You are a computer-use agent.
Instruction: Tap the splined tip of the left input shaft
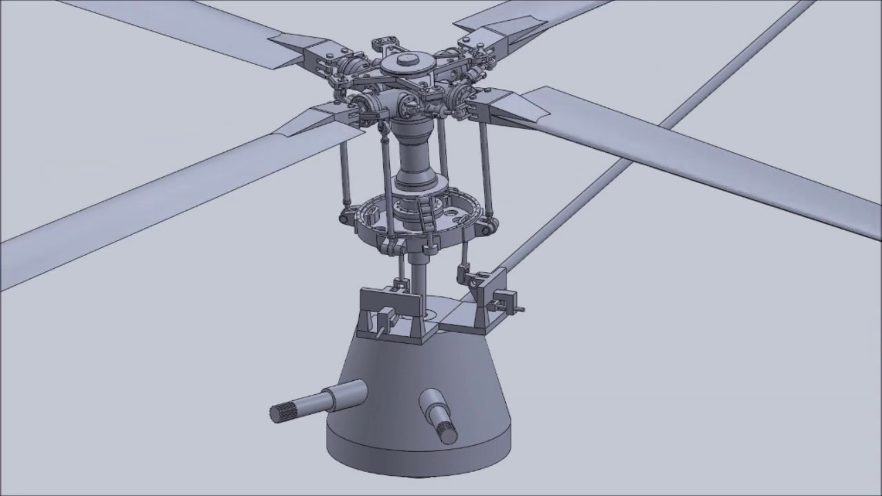(x=281, y=412)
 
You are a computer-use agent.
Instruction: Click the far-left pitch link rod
(x=345, y=172)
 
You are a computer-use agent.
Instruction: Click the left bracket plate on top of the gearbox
(x=389, y=303)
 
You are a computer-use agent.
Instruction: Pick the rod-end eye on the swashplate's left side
(x=344, y=218)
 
